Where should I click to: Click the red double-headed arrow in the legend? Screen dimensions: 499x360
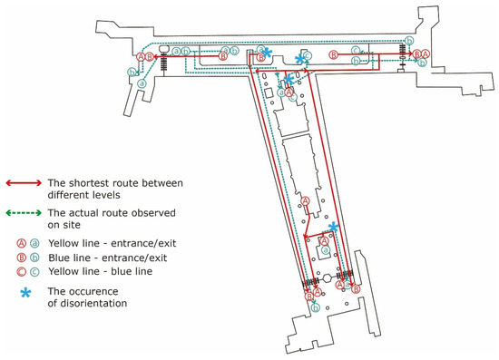pos(24,183)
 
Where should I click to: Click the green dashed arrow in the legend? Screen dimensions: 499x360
pos(24,213)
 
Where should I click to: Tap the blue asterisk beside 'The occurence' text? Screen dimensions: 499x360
pos(25,293)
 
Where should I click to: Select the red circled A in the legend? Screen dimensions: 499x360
pos(22,244)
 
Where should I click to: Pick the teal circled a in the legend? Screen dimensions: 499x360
pos(34,244)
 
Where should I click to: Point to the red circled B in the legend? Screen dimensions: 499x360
pos(22,258)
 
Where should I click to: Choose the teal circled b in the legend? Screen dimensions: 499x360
pos(34,258)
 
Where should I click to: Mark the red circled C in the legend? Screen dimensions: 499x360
pos(22,272)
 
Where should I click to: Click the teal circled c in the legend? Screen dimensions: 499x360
pos(34,272)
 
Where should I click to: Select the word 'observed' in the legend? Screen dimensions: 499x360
pos(156,213)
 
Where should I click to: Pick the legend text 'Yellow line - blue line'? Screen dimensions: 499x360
pos(100,271)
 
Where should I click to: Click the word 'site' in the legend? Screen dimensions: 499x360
pos(72,225)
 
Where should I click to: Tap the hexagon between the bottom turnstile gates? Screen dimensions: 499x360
pos(328,278)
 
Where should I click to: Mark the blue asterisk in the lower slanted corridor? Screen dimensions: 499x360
pos(333,227)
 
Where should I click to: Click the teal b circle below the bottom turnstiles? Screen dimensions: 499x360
pos(316,307)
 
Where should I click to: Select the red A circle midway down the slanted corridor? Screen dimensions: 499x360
pos(305,201)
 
